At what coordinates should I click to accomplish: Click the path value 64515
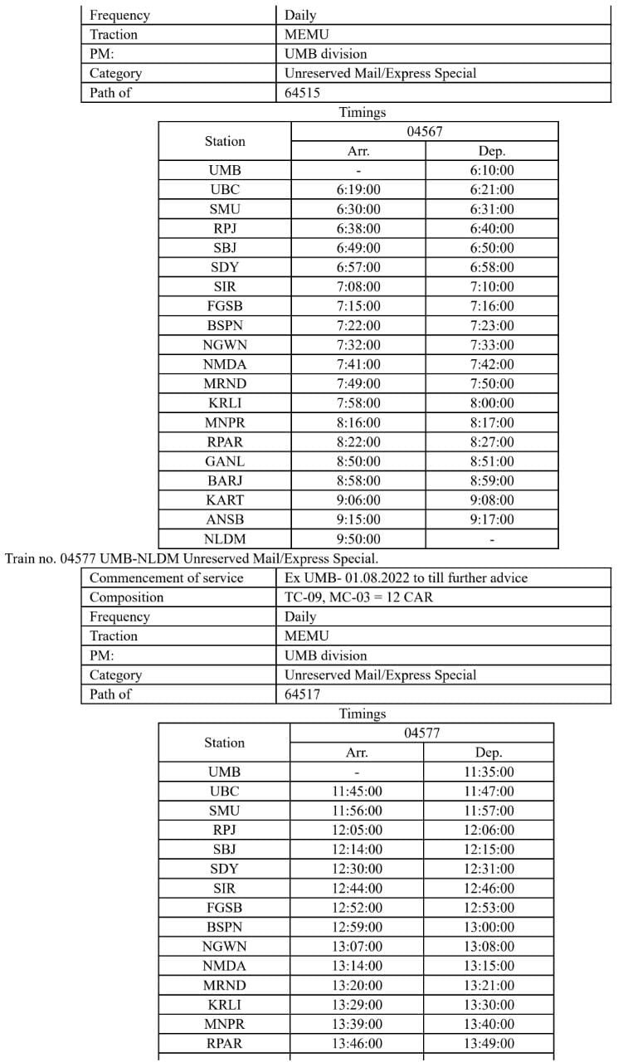302,93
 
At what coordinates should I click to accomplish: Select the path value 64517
302,694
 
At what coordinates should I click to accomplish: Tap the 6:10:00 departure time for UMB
491,171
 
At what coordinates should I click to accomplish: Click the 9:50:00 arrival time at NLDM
358,539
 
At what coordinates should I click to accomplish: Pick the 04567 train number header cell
424,132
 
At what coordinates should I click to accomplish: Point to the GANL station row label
225,461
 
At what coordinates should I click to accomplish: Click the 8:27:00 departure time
491,442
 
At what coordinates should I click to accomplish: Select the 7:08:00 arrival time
358,287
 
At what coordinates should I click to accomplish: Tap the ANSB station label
225,519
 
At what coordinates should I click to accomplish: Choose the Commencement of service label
166,577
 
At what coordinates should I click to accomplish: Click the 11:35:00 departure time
489,772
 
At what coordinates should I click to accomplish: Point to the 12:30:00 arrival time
357,869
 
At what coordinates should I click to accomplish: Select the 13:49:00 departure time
489,1043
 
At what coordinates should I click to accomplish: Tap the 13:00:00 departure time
489,927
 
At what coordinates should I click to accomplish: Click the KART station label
225,500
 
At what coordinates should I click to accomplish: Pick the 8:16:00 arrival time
358,422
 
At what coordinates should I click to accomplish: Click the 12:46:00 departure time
489,889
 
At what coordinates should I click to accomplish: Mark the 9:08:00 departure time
491,500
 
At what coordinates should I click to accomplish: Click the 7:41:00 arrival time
358,364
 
